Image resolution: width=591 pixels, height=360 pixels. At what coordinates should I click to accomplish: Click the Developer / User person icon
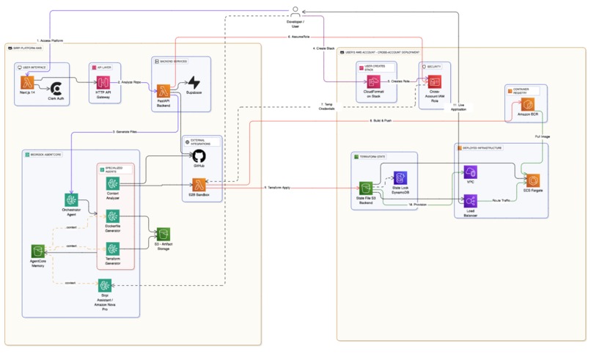coord(295,10)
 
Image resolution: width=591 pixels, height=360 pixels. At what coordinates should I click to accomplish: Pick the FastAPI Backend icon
coord(163,91)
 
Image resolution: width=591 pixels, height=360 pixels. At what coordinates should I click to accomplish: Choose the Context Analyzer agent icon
coord(112,184)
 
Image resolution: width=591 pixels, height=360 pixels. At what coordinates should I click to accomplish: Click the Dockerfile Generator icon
coord(112,216)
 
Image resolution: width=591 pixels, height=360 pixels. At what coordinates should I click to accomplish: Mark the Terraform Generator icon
coord(112,249)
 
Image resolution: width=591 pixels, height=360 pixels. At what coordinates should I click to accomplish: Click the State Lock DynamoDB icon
coord(400,177)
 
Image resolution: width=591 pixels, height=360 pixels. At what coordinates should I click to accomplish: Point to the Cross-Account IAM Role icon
coord(435,82)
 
